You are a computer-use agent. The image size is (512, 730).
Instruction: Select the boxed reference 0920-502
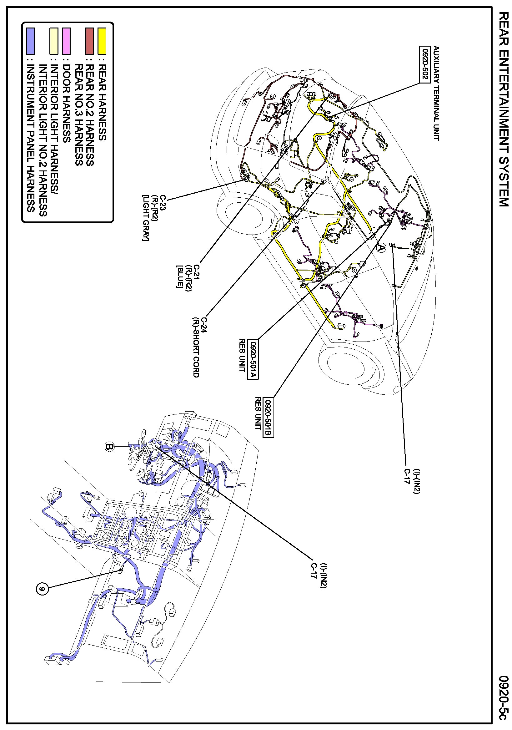[x=424, y=64]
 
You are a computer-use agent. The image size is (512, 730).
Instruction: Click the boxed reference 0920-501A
[x=253, y=359]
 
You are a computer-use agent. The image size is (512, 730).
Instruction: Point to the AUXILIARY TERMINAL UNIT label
[x=436, y=93]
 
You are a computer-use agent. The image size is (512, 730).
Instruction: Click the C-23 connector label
[x=163, y=202]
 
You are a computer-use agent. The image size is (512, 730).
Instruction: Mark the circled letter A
[x=381, y=248]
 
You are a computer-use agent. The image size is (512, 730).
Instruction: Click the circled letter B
[x=109, y=447]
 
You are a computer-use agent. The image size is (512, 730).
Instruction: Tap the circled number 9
[x=42, y=589]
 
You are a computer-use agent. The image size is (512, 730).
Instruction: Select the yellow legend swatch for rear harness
[x=102, y=41]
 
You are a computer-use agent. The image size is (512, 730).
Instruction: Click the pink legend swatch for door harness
[x=66, y=41]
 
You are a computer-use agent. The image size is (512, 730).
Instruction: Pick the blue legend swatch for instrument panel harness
[x=31, y=41]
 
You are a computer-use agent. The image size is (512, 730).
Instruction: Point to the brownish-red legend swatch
[x=90, y=41]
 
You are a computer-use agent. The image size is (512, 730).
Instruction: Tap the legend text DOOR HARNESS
[x=66, y=103]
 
